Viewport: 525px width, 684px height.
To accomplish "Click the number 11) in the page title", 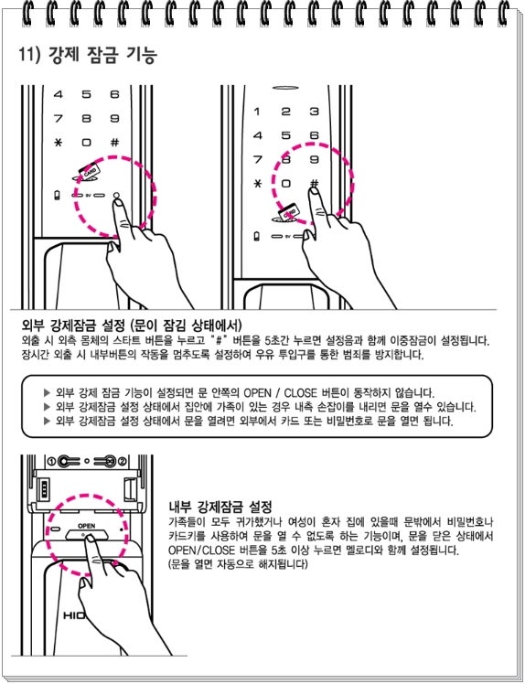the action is [29, 56].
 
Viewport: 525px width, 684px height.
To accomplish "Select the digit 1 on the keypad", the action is [257, 112].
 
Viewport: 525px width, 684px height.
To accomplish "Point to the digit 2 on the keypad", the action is [286, 112].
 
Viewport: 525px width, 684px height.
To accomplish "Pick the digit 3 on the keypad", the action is [315, 112].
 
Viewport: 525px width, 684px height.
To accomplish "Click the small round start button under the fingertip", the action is [116, 196].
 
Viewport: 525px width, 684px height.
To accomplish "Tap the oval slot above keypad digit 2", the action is [286, 88].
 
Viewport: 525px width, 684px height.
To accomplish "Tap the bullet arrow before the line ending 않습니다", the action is [48, 392].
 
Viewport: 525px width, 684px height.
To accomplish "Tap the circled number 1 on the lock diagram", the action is [51, 461].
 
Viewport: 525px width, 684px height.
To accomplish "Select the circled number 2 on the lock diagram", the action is [123, 461].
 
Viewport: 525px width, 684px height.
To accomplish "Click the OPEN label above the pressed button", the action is [86, 526].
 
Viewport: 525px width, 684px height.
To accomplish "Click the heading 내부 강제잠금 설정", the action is [220, 507].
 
